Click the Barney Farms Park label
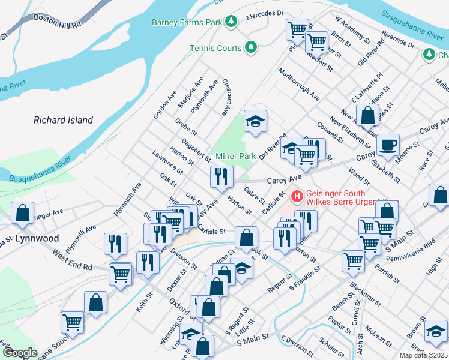[x=186, y=22]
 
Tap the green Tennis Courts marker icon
[x=252, y=48]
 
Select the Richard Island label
[x=63, y=120]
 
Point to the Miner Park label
[x=235, y=156]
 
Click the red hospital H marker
[x=296, y=196]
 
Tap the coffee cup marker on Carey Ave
[x=388, y=144]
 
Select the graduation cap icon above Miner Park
[x=255, y=121]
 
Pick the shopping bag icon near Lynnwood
[x=22, y=212]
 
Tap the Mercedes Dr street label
[x=264, y=13]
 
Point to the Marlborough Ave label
[x=298, y=84]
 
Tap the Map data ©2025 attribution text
[x=423, y=355]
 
